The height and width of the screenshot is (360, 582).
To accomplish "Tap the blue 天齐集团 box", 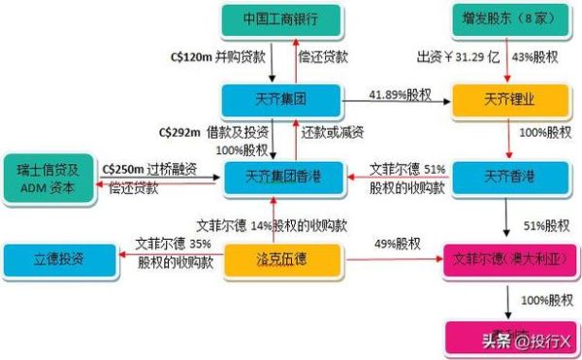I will coord(280,100).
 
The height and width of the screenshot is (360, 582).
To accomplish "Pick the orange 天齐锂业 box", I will coord(502,100).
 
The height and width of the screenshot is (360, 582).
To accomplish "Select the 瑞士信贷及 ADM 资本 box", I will coord(48,177).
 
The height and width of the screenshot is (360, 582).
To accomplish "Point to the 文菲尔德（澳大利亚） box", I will coord(502,259).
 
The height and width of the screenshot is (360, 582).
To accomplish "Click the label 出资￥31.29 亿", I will coord(456,58).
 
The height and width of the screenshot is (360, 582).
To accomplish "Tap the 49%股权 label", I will coord(393,244).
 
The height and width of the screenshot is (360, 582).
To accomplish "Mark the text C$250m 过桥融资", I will coord(148,169).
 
